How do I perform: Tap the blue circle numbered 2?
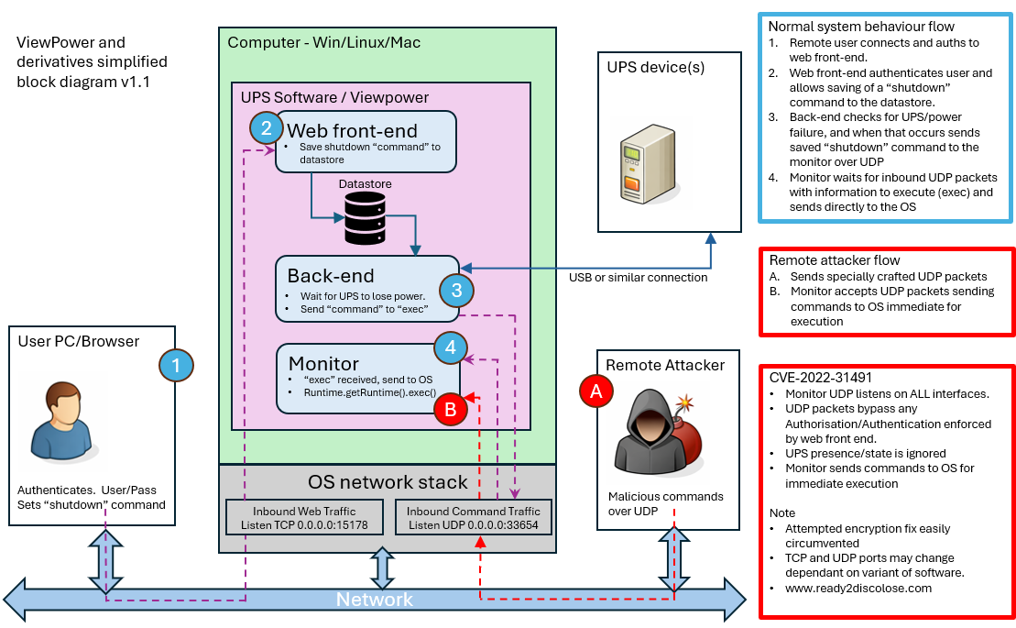pos(267,127)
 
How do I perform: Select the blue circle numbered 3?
pos(456,290)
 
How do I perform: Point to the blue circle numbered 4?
pos(451,347)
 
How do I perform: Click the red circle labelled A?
pos(596,391)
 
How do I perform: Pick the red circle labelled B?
pos(451,409)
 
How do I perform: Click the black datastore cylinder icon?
pos(365,218)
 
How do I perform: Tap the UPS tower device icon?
pos(649,164)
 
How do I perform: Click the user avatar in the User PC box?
pos(63,421)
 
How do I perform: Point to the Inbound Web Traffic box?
pos(304,517)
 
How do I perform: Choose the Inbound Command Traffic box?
pos(473,517)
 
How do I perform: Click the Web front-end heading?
pos(352,130)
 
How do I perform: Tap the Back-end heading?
pos(331,276)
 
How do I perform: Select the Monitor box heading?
pos(323,363)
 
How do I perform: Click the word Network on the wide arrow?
pos(374,600)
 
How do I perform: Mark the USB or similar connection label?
pos(638,278)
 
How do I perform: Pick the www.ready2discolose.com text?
pos(858,589)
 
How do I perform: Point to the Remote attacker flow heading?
pos(835,259)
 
